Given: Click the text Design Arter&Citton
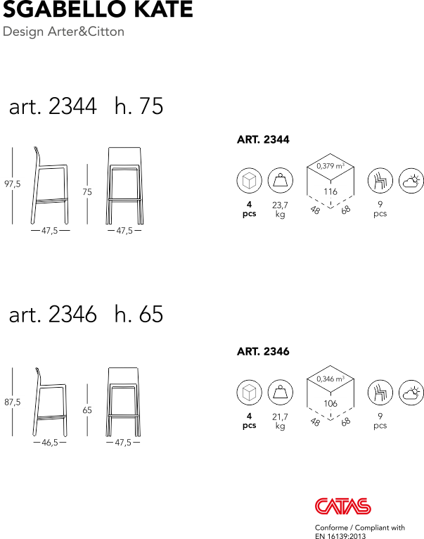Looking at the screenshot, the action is point(63,32).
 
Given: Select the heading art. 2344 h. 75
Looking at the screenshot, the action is point(86,106).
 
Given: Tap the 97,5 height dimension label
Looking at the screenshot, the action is point(13,184).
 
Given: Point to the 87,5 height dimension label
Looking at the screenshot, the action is point(13,402).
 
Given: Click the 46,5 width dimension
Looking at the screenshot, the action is point(49,443).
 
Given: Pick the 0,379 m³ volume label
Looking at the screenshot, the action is point(330,166).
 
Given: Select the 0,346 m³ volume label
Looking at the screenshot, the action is point(330,379).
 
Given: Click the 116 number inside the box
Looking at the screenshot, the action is point(330,191).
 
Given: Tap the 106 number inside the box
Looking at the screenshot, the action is point(330,404).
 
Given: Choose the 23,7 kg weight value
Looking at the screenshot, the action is point(280,209).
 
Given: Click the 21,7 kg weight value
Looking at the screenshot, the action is point(280,421).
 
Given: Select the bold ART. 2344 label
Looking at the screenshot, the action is point(263,139).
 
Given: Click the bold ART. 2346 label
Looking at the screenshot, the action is point(263,351).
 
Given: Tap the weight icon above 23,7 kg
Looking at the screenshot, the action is point(280,180).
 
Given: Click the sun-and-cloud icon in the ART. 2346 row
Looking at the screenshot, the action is point(411,393).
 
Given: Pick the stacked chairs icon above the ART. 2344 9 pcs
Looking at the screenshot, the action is point(380,181).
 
